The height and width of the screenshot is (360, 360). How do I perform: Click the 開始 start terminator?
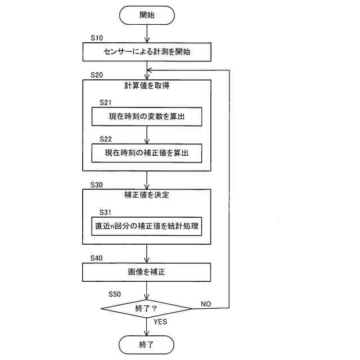pos(147,15)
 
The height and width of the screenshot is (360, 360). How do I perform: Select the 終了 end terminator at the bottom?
pos(147,344)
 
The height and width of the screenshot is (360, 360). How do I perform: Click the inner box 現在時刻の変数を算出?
pos(147,117)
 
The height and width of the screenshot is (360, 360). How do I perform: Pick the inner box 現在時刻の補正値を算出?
pos(147,152)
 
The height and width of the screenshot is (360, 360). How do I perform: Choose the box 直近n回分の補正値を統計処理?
pos(147,226)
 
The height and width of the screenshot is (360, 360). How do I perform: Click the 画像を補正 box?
pos(147,272)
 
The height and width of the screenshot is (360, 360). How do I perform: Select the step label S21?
pos(106,103)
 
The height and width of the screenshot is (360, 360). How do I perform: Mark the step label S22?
pos(106,138)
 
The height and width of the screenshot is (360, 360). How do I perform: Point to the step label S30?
pos(96,184)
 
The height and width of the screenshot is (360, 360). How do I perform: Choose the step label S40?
pos(96,258)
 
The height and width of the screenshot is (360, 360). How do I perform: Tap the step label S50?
pos(115,294)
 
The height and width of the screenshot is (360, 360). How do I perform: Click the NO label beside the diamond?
pos(205,304)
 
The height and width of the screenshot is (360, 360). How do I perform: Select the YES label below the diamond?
pos(160,322)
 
